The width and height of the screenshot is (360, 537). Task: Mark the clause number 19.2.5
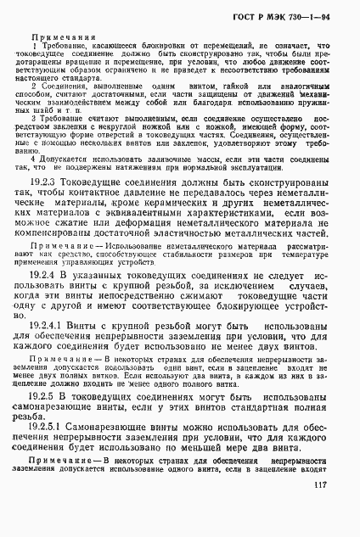49,396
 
